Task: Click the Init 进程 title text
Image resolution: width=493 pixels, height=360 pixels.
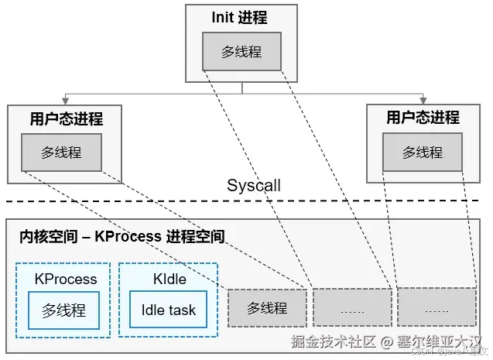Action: click(x=241, y=17)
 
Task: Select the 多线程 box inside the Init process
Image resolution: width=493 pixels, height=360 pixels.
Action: click(x=241, y=52)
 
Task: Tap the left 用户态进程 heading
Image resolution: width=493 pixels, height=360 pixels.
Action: click(x=66, y=119)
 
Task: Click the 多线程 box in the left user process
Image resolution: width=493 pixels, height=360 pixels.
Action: click(x=61, y=152)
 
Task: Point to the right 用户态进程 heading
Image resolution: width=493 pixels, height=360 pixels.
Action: click(x=423, y=118)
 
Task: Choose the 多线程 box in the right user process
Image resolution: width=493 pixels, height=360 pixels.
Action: click(x=422, y=152)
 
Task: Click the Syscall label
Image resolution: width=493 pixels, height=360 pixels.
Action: click(x=254, y=186)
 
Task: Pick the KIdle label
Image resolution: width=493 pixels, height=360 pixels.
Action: click(x=168, y=279)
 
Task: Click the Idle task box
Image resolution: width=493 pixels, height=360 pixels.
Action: click(x=168, y=310)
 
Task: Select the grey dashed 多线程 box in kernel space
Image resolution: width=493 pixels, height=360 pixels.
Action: click(x=267, y=308)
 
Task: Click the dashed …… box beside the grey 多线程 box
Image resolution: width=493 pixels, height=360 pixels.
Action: click(x=352, y=308)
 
